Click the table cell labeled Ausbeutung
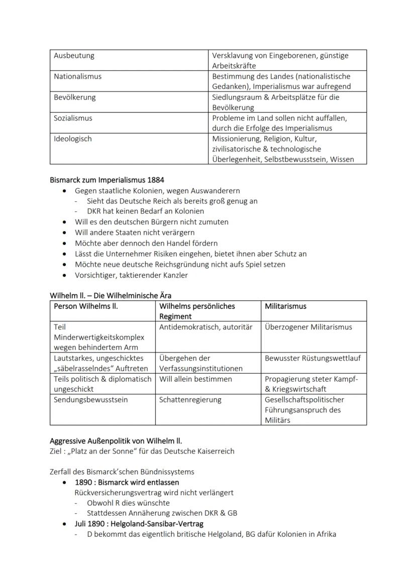pos(74,56)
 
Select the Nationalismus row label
pos(77,76)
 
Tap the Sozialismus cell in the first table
pos(73,118)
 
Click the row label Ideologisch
pos(73,139)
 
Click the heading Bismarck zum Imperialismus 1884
pos(107,180)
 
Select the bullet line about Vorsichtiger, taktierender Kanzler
pos(131,275)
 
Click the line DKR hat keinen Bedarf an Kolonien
pos(145,211)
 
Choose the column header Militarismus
pos(285,306)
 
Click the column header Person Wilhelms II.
pos(86,306)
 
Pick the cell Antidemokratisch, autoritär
pos(205,327)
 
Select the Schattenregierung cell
pos(190,400)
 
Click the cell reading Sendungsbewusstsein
pos(90,400)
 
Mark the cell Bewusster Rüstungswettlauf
pos(313,358)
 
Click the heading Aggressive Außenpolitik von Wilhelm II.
pos(116,441)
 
